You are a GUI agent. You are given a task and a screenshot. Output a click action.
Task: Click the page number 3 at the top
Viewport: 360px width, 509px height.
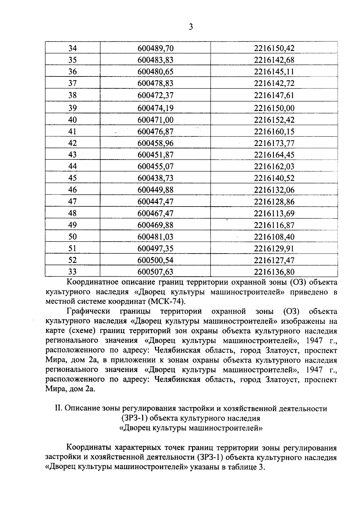click(191, 27)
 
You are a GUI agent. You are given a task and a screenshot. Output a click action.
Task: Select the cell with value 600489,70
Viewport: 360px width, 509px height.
click(155, 48)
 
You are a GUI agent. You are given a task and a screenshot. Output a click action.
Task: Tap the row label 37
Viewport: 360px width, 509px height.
click(72, 83)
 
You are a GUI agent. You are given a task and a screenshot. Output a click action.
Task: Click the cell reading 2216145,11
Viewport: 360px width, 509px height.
click(274, 72)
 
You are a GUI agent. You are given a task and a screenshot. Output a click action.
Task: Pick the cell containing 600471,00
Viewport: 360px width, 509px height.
click(155, 120)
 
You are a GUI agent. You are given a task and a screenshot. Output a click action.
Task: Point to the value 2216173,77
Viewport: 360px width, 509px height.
click(274, 143)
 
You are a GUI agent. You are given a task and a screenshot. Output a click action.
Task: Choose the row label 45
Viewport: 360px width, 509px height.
click(72, 178)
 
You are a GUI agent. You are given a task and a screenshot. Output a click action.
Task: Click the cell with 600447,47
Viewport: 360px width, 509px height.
click(155, 201)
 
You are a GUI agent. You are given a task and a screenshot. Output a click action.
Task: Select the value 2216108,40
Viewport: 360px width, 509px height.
click(274, 237)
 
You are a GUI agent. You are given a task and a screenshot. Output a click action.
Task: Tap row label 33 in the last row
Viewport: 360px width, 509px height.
click(72, 272)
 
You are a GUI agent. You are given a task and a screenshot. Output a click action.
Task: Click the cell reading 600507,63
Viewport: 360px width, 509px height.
click(155, 272)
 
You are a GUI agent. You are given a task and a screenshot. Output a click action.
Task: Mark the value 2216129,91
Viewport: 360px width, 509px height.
click(274, 249)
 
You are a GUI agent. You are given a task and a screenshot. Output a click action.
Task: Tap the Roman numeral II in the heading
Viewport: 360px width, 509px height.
click(58, 408)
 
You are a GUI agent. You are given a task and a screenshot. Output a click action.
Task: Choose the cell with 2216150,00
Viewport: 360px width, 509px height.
click(274, 108)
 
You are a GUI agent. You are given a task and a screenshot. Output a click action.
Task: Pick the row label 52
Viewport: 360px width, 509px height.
click(72, 260)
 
